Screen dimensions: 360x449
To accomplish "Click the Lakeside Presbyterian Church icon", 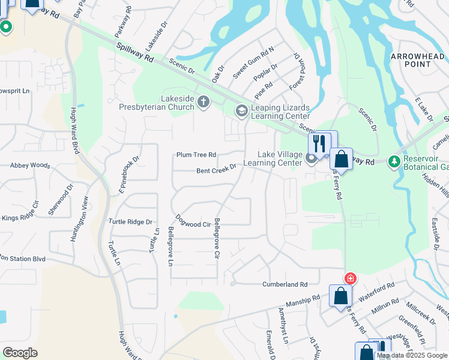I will [203, 102].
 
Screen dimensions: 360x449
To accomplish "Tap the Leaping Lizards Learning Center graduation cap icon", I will [241, 110].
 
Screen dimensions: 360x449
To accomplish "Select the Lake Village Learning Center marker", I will [311, 159].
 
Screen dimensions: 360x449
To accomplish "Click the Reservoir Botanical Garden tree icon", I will [394, 161].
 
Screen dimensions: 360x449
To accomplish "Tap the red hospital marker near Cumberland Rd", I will [349, 278].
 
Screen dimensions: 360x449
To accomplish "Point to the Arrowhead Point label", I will [417, 61].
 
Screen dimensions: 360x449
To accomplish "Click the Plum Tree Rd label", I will [196, 155].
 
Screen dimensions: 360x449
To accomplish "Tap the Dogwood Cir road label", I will [193, 224].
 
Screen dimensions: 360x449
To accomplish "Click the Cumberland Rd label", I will [284, 284].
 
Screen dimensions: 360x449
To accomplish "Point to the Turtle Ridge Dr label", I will [131, 222].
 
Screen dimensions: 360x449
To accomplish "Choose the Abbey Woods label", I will [30, 165].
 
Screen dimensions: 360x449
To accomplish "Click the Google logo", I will [20, 353].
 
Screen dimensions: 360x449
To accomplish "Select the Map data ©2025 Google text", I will [411, 355].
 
